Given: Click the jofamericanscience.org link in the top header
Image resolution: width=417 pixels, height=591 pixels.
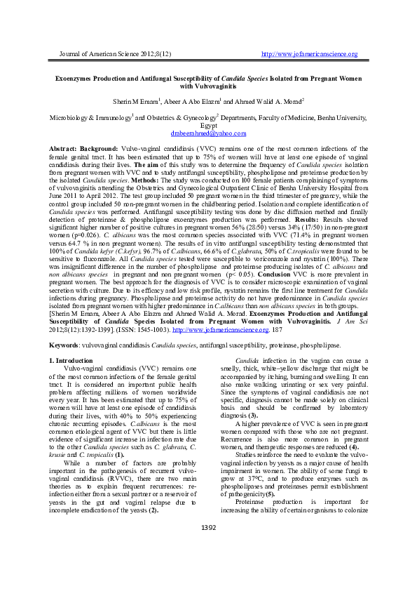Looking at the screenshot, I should [309, 54].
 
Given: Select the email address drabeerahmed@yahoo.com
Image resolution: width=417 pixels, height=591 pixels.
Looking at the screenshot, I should [208, 133].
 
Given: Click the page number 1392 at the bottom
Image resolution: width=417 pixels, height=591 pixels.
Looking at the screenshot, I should [208, 546].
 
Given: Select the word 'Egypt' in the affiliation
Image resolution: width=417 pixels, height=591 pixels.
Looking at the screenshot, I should [208, 125].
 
